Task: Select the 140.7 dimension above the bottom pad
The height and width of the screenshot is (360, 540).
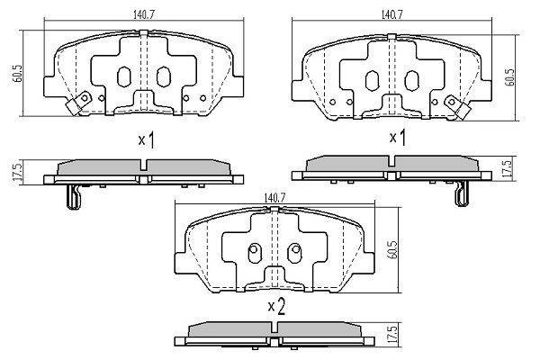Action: tap(274, 198)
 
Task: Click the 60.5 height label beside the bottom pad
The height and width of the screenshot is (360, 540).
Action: tap(393, 249)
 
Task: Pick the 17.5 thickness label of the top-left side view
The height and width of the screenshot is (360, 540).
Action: tap(17, 172)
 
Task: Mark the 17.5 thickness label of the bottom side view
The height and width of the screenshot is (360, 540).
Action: tap(393, 334)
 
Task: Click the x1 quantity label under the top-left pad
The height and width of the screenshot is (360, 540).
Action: tap(147, 140)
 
